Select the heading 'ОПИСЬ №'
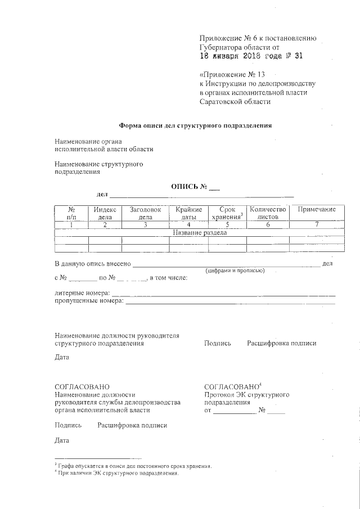tap(196, 186)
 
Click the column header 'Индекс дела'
tap(105, 213)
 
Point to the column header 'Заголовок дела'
tap(145, 213)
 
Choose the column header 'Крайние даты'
tap(188, 213)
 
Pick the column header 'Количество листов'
tap(268, 213)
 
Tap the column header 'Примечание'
tap(317, 209)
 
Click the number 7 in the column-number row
tap(317, 224)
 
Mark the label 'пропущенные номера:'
tap(89, 301)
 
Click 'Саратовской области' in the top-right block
tap(235, 102)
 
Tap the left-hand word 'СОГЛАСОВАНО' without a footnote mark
tap(82, 387)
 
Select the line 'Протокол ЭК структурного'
tap(247, 395)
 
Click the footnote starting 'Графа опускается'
tap(135, 466)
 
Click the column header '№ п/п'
tap(71, 213)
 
